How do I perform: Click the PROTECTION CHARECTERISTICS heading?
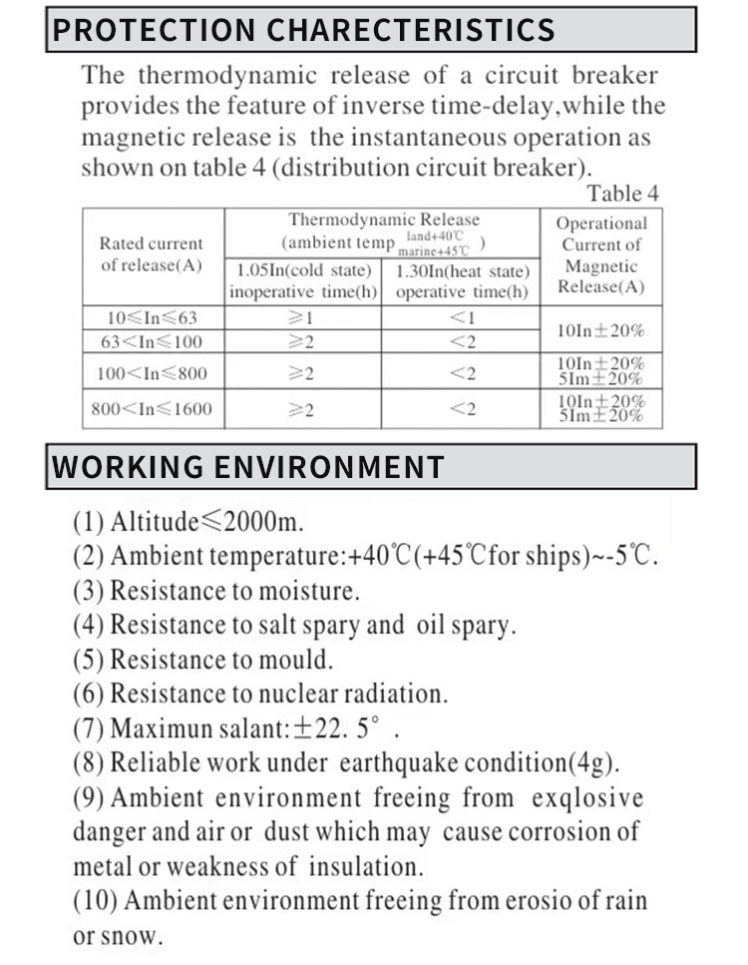tap(303, 29)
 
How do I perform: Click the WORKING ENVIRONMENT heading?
tap(248, 466)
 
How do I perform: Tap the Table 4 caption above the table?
tap(622, 194)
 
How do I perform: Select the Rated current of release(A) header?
tap(152, 254)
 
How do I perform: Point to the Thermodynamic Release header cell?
tap(383, 231)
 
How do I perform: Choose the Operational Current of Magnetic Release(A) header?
tap(601, 255)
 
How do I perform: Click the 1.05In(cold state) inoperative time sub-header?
tap(303, 281)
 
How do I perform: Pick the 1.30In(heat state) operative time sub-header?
tap(462, 281)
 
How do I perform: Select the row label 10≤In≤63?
tap(152, 318)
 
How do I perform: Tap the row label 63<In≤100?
tap(152, 342)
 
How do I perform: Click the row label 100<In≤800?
tap(152, 374)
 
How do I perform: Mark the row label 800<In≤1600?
tap(152, 409)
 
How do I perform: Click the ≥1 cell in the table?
tap(301, 318)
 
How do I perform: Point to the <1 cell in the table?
tap(462, 318)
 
